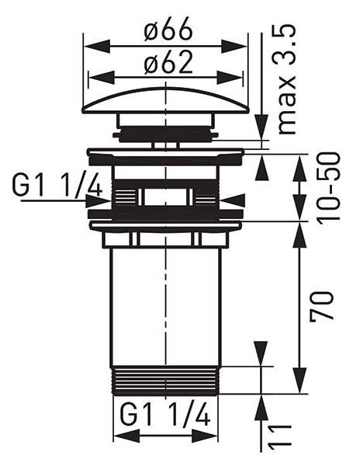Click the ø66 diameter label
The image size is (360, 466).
click(168, 30)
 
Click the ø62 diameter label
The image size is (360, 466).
click(168, 63)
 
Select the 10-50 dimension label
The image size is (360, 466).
click(327, 186)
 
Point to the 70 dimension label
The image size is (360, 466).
click(322, 307)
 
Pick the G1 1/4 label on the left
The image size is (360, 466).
click(57, 186)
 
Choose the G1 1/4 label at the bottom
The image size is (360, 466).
click(165, 414)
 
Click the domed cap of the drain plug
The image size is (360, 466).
click(165, 100)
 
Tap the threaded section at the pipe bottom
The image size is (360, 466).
click(165, 380)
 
